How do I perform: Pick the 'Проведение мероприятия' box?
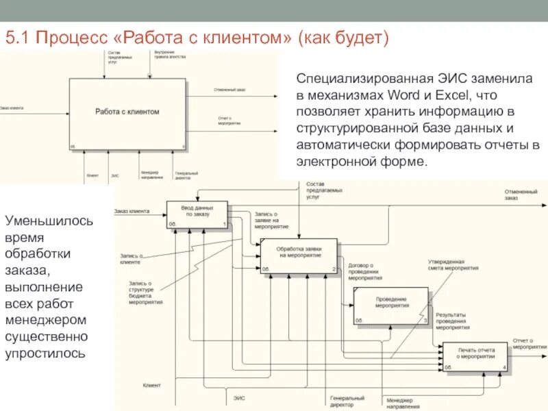pyautogui.click(x=391, y=305)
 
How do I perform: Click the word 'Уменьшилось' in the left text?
pyautogui.click(x=49, y=221)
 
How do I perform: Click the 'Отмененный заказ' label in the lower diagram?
pyautogui.click(x=521, y=195)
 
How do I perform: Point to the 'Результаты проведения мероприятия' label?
pyautogui.click(x=451, y=319)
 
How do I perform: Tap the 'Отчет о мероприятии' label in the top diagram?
pyautogui.click(x=229, y=121)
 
